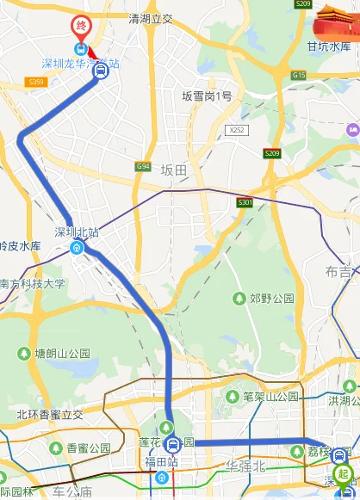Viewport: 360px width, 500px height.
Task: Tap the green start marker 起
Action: pos(343,473)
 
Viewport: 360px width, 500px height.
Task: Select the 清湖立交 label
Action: pos(151,18)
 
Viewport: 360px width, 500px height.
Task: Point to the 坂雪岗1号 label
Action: pos(207,96)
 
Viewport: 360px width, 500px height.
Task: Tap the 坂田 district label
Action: pos(174,170)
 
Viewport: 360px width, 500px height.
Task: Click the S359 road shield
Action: pos(36,83)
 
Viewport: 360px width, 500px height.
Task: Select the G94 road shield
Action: pos(143,167)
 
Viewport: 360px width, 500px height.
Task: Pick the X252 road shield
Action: pos(237,130)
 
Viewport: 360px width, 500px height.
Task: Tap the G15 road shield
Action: pos(299,75)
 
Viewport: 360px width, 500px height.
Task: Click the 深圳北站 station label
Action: pos(77,231)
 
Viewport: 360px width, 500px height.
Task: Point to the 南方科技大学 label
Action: pos(32,282)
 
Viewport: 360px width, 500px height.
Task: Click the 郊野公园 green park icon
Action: pos(239,299)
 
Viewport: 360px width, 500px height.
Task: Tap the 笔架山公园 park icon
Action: pos(232,397)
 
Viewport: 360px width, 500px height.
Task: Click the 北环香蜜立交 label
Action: pos(50,414)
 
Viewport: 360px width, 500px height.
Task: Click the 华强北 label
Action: pos(249,466)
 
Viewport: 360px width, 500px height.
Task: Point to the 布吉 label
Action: pos(338,272)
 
